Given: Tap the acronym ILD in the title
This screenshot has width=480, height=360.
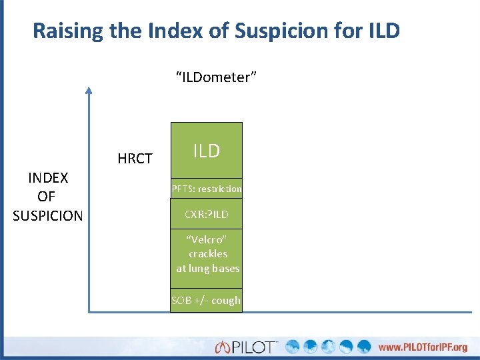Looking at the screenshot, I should [x=383, y=31].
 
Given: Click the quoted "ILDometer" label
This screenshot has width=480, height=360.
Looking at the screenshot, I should [x=216, y=78].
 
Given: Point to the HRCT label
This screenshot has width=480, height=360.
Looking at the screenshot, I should [x=135, y=159].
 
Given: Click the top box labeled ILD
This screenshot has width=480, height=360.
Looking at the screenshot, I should [x=207, y=151].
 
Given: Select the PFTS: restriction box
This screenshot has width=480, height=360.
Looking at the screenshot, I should [x=207, y=189].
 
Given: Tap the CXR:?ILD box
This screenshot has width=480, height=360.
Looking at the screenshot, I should [x=207, y=214].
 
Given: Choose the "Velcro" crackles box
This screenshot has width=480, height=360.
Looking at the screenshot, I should [x=207, y=254].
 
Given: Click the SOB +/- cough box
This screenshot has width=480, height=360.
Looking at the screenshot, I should [x=206, y=301].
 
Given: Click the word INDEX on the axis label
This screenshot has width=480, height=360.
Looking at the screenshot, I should [x=47, y=178].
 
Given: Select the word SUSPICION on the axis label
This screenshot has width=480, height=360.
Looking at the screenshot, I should [x=47, y=216].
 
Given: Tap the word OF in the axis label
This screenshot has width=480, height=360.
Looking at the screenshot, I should [x=47, y=197].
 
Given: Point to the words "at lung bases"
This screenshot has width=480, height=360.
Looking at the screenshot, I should [x=207, y=269].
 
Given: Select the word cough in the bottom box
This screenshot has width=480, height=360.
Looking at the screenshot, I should [x=226, y=301].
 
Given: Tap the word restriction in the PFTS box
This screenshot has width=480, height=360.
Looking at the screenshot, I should [x=219, y=189].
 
